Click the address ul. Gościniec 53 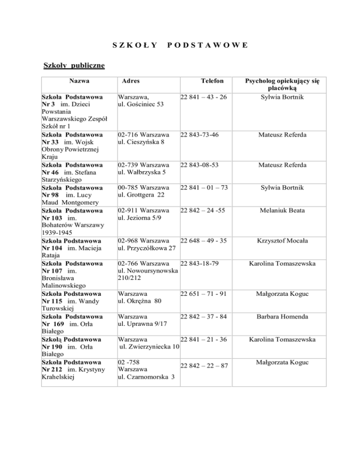(140, 104)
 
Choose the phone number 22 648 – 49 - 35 (204, 241)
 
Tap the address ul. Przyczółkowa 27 (147, 248)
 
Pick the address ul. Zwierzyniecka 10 (150, 346)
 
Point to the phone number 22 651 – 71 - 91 (204, 294)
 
